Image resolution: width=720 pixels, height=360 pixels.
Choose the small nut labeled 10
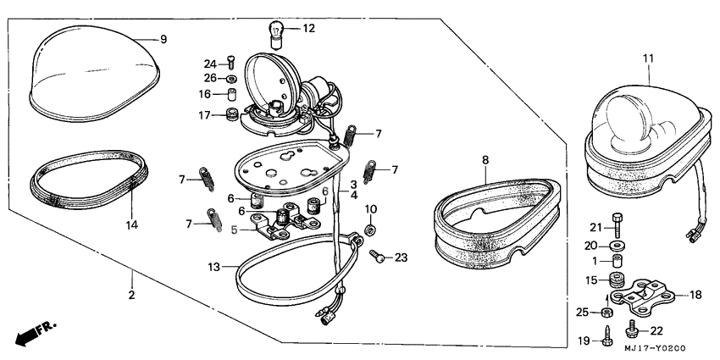(x=370, y=230)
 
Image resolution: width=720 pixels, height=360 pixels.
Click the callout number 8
(x=485, y=158)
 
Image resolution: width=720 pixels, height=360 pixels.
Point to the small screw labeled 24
(x=230, y=64)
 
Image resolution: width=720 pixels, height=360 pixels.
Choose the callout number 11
(x=648, y=58)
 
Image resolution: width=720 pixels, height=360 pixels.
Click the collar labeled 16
(x=230, y=94)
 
